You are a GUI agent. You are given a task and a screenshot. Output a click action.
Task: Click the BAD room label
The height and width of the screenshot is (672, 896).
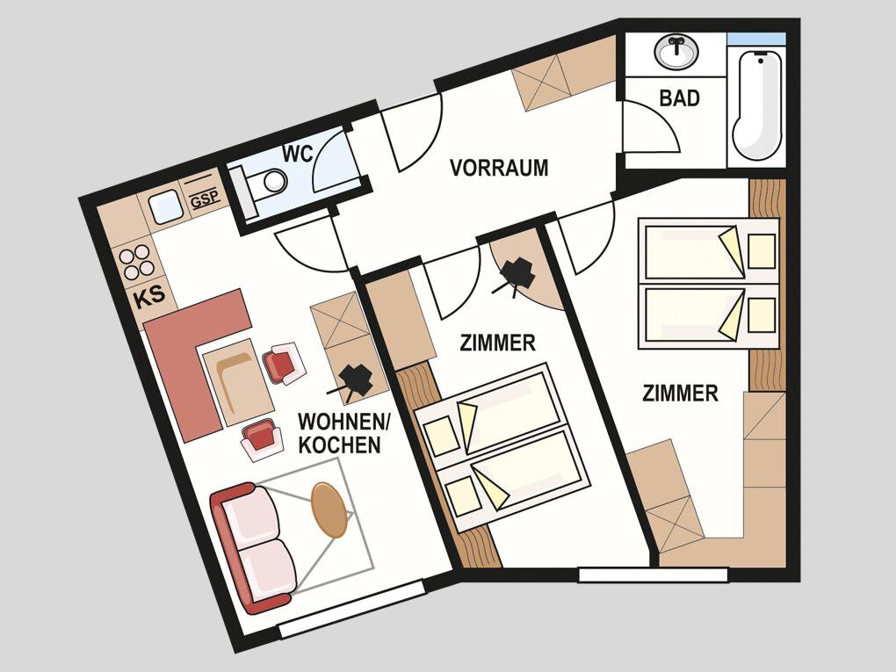pos(679,98)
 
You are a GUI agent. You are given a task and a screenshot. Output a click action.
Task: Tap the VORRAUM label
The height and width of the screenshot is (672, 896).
pos(499,168)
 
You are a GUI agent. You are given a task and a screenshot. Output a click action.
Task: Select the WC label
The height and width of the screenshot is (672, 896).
pos(299,153)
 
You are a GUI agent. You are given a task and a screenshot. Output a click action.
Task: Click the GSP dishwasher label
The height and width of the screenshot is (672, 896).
pos(205,199)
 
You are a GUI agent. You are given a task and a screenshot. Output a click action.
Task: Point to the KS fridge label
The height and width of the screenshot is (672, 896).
pos(149,296)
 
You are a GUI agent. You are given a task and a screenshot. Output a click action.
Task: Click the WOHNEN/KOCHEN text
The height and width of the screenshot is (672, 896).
pos(343,433)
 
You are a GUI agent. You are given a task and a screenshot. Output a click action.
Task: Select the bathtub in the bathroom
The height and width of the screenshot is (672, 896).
pos(757,105)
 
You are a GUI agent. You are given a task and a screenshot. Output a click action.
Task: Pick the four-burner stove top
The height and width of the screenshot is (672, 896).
pos(135,262)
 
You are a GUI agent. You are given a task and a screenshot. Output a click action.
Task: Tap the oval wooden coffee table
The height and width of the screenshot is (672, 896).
pos(329,509)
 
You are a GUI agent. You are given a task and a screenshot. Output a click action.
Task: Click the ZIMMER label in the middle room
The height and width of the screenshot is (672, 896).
pos(498,343)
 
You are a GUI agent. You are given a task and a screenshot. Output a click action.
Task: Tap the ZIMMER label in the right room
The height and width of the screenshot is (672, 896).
pos(680,394)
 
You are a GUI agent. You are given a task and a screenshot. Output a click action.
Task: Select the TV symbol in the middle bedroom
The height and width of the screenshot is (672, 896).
pos(516,278)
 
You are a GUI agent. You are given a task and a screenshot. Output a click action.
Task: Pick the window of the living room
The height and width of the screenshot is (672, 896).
pos(352,609)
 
